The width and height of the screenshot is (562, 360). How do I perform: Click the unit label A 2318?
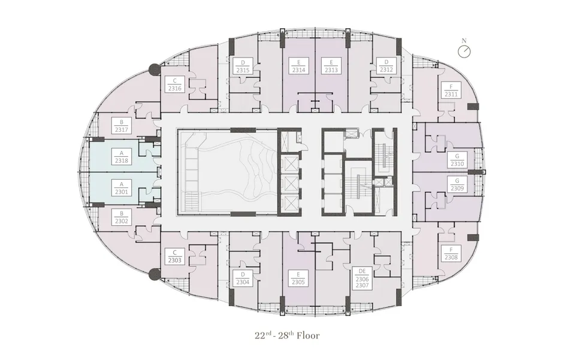click(122, 157)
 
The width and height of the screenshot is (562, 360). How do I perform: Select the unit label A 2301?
click(122, 188)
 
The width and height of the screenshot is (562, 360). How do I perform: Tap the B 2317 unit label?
click(122, 126)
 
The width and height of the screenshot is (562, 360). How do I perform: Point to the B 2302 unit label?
click(122, 217)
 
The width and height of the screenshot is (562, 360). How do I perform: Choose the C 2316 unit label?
click(175, 84)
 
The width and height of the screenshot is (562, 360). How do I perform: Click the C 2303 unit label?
click(175, 256)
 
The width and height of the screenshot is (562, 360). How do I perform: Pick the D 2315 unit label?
click(243, 66)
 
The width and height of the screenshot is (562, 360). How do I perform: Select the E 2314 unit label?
click(298, 66)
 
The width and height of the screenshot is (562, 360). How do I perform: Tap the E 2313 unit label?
click(331, 66)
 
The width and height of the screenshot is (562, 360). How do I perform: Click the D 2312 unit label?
click(386, 66)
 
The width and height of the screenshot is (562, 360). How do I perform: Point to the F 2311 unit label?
click(451, 90)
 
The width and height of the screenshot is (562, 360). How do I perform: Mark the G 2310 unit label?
click(457, 160)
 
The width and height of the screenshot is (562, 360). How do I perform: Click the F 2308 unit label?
click(451, 253)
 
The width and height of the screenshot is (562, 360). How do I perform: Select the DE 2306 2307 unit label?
click(362, 279)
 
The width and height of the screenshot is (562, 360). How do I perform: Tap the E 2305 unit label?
click(298, 279)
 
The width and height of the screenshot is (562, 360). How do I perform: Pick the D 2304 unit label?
click(243, 279)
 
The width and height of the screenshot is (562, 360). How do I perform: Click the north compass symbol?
click(464, 50)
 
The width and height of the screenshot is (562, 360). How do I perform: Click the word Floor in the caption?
click(308, 335)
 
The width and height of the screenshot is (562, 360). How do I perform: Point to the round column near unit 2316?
click(155, 69)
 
